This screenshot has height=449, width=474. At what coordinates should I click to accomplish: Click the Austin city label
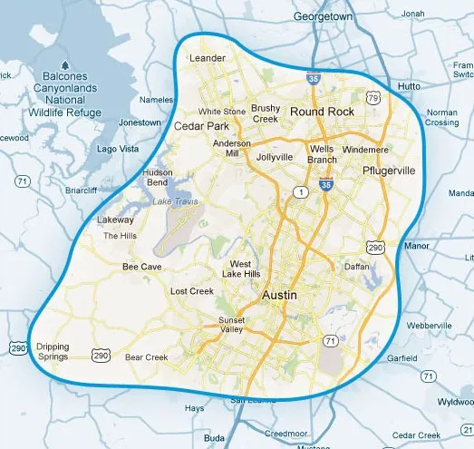(x=280, y=297)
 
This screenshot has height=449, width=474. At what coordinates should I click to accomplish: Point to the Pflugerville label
(x=388, y=171)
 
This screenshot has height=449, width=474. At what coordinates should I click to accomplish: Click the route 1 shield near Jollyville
(x=296, y=192)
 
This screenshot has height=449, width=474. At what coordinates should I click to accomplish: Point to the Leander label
(x=206, y=59)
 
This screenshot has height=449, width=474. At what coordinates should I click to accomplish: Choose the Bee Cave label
(x=141, y=268)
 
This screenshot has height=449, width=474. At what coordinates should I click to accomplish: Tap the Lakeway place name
(x=116, y=220)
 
